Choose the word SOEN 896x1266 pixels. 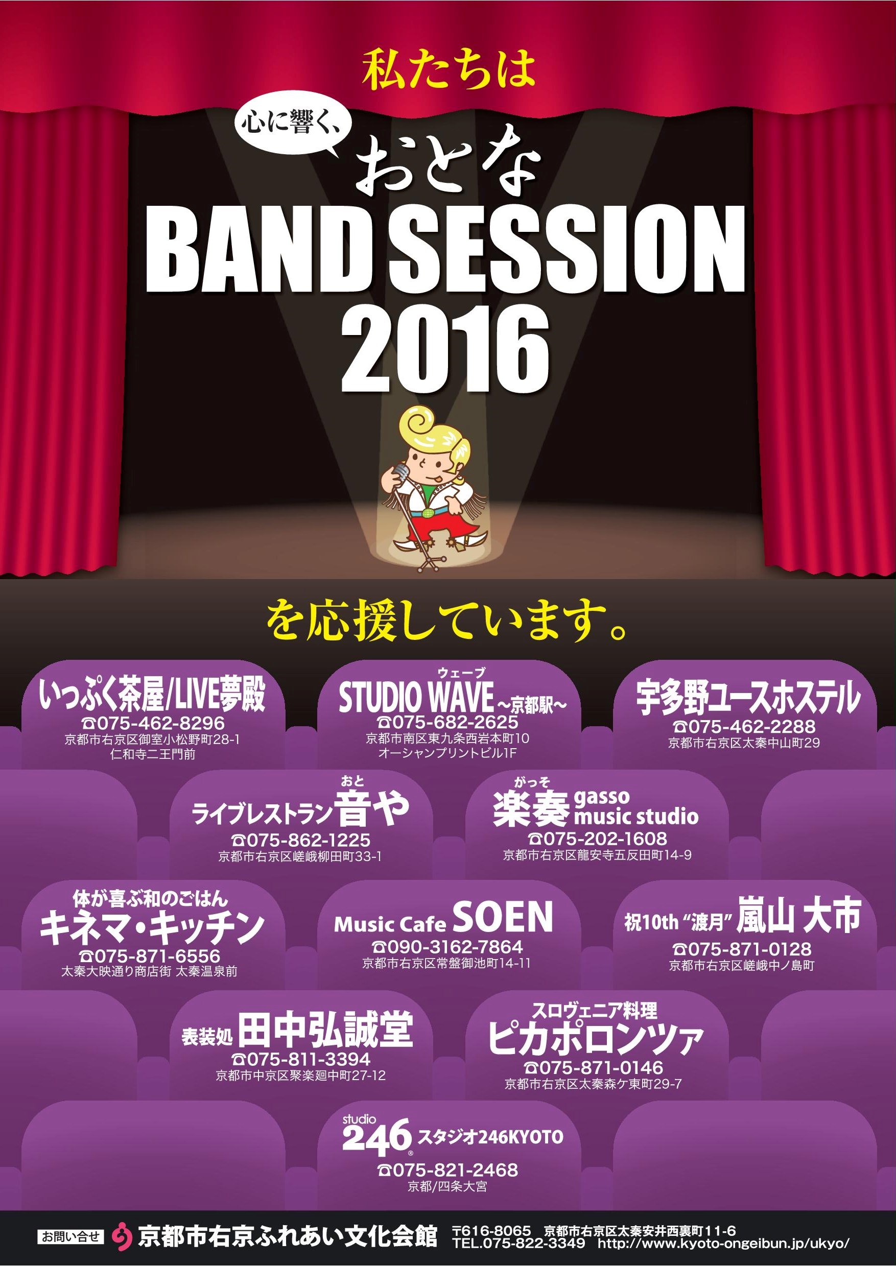pos(502,917)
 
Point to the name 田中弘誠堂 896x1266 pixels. pos(325,1028)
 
